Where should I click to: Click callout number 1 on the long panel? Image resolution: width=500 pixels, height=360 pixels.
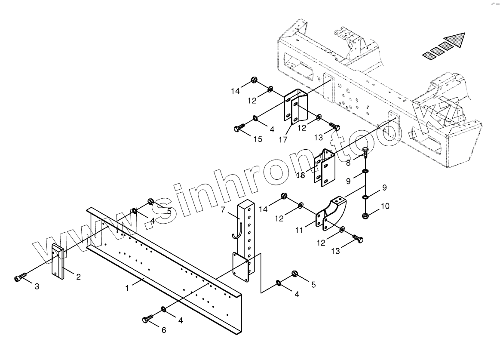tap(127, 288)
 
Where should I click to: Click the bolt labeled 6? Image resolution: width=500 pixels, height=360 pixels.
tap(147, 319)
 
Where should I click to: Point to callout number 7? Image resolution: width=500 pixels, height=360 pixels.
tap(223, 210)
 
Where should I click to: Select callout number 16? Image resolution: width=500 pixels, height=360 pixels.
tap(300, 175)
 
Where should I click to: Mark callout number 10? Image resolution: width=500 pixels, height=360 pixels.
tap(385, 206)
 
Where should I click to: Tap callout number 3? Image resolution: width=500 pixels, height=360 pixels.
tap(37, 286)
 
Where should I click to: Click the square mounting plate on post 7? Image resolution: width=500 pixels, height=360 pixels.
tap(239, 267)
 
